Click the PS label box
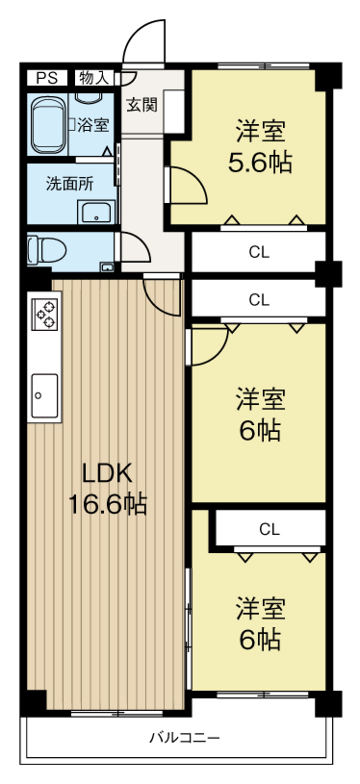tap(46, 78)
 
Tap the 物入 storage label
tap(94, 78)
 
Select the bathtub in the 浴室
tap(47, 124)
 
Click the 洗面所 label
tap(69, 184)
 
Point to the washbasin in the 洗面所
tap(96, 213)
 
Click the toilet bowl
tap(46, 249)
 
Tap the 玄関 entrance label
tap(142, 105)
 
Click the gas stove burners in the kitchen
tap(45, 313)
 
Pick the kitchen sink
tap(45, 395)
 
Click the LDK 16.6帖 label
tap(108, 489)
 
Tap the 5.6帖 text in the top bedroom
tap(260, 163)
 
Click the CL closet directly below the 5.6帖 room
tap(259, 252)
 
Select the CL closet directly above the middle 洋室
tap(259, 299)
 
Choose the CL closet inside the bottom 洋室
tap(270, 528)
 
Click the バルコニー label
tap(186, 738)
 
